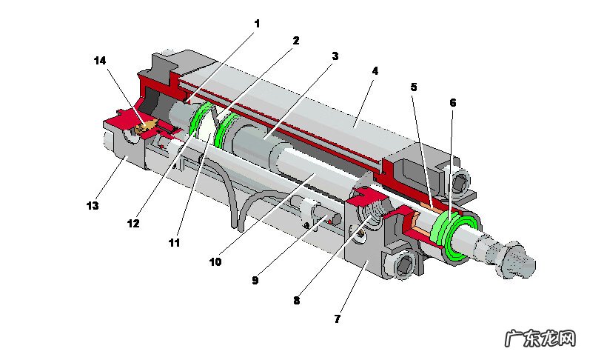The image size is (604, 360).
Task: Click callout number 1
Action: pyautogui.click(x=257, y=24)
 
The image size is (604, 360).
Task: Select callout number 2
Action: pyautogui.click(x=295, y=40)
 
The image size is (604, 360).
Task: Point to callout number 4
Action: pyautogui.click(x=375, y=71)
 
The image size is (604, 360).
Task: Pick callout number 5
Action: pyautogui.click(x=414, y=87)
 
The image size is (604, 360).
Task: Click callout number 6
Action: pyautogui.click(x=452, y=102)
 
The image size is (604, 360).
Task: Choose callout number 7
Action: pyautogui.click(x=337, y=319)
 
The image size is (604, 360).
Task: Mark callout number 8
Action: pyautogui.click(x=296, y=301)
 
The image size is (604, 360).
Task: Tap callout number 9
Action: pyautogui.click(x=255, y=281)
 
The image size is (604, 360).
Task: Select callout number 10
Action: pyautogui.click(x=215, y=261)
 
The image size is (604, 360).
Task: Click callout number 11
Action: pyautogui.click(x=174, y=242)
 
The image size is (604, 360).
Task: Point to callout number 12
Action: pyautogui.click(x=134, y=223)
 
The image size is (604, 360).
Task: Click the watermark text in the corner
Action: pyautogui.click(x=540, y=339)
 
